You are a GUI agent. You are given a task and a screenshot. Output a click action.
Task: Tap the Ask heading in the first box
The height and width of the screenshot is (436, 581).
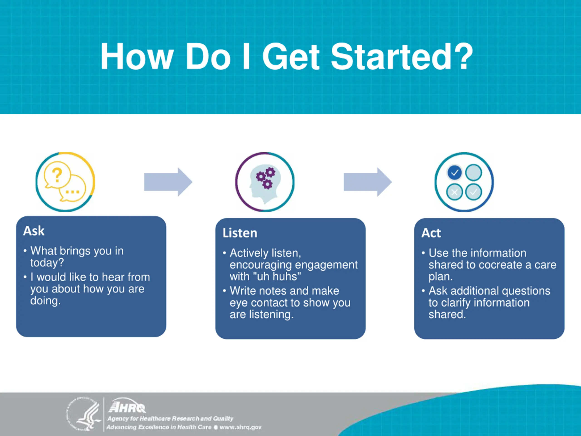pos(34,231)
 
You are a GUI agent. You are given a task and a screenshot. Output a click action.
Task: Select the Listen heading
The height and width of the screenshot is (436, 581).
pos(240,233)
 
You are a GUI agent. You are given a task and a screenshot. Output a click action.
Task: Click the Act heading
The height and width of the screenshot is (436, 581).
pos(431,233)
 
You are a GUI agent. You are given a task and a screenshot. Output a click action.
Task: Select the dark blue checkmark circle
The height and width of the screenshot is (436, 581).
pos(454,173)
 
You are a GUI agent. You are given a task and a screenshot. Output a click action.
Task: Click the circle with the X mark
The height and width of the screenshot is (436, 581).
pos(454,192)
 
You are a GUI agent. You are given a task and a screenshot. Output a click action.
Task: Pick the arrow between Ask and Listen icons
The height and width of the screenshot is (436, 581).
pos(168,182)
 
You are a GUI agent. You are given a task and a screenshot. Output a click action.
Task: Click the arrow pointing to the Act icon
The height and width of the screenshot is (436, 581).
pos(368,182)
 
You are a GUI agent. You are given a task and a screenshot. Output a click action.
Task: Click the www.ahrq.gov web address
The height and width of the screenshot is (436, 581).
pos(240,427)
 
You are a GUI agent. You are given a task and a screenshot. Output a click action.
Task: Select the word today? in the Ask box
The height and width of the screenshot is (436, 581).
pos(47,263)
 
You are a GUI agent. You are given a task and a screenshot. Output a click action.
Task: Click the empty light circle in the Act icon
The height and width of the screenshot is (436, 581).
pos(474,173)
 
